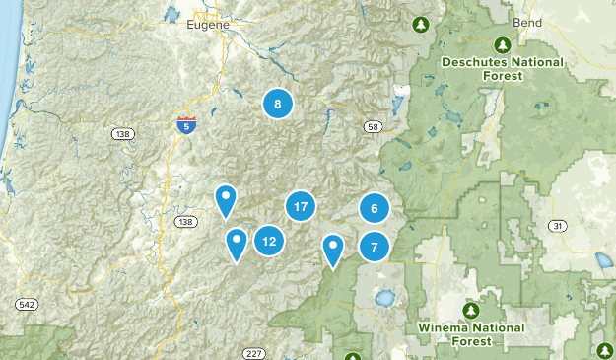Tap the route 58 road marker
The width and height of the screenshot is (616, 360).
(373, 126)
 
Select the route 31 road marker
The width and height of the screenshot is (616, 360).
(558, 226)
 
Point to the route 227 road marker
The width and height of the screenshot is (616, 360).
(253, 353)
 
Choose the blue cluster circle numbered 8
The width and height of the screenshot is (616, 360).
(278, 104)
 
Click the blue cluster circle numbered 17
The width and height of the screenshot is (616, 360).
(301, 207)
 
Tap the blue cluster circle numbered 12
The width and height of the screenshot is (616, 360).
(269, 240)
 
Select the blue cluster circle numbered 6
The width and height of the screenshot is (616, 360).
(374, 208)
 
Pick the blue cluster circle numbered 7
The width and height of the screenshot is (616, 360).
(375, 247)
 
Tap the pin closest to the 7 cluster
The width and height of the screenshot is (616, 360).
(334, 250)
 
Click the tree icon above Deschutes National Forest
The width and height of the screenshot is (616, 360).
(502, 44)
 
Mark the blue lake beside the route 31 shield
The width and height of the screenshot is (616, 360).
(601, 262)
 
